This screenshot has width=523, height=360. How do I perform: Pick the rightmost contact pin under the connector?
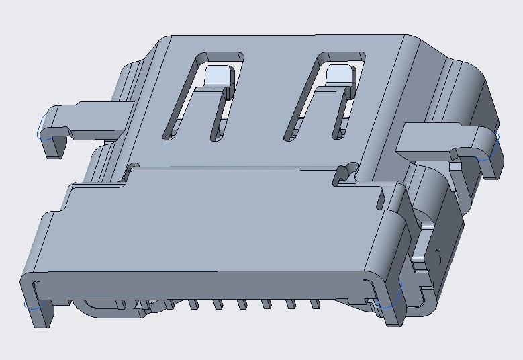coord(314,304)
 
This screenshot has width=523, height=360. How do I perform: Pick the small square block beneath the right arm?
coord(418,257)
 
